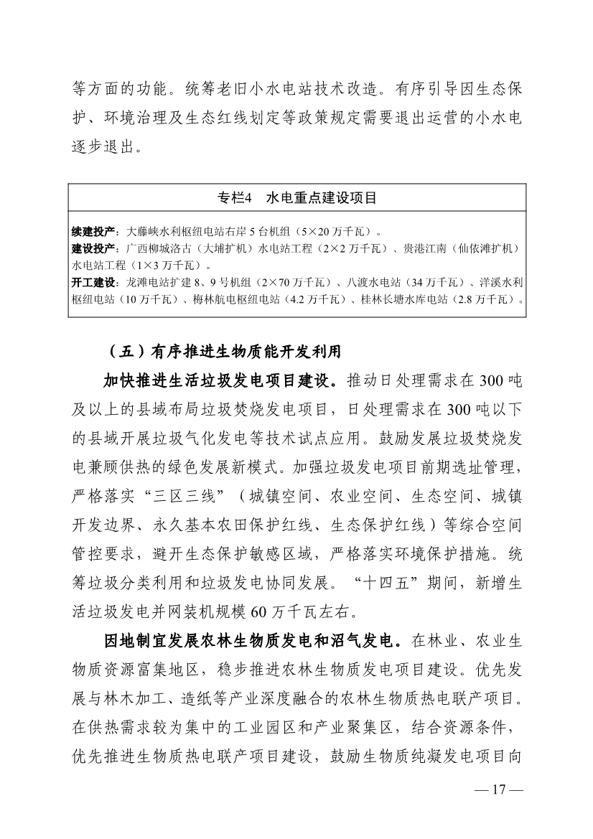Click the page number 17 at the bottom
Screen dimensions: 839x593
[499, 810]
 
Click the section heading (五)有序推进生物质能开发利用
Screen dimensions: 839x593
[222, 353]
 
